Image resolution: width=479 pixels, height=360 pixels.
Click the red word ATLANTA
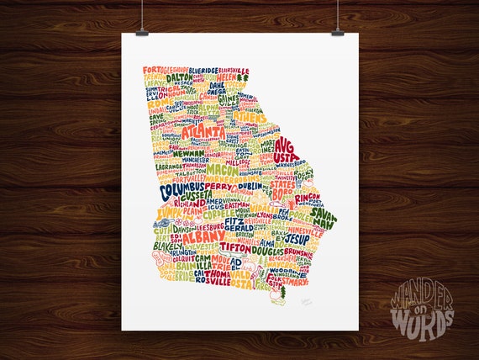[x=203, y=133]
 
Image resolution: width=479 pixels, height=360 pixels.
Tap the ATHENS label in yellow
[x=250, y=116]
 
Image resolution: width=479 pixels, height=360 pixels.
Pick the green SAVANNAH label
[x=323, y=216]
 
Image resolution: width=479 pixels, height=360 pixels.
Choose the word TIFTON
[x=238, y=248]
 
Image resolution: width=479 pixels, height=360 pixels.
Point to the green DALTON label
[x=179, y=77]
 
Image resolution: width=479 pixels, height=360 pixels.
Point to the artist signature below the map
[x=303, y=296]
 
